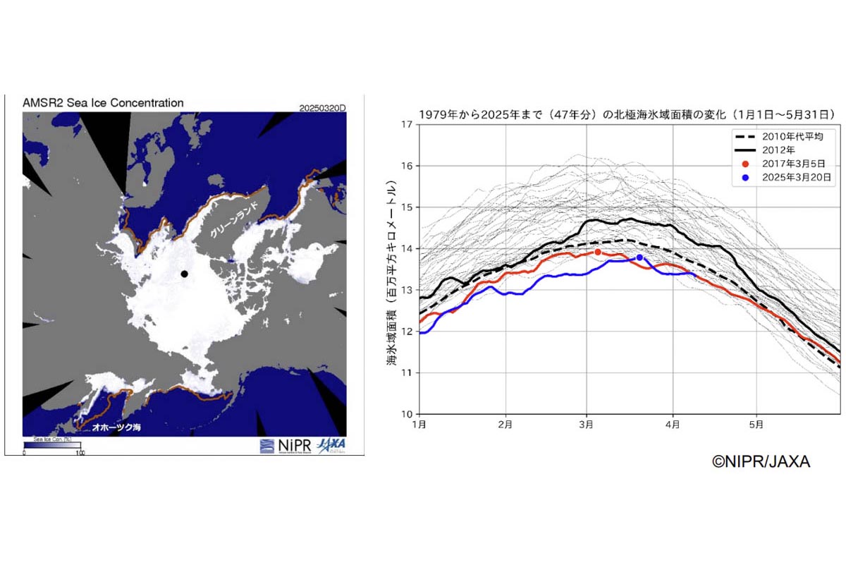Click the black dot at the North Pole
point(184,274)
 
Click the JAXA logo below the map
point(331,445)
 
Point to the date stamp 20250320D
point(323,108)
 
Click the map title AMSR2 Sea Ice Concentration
point(103,103)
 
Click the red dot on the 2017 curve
point(598,252)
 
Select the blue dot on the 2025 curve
point(639,257)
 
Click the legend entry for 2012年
point(778,150)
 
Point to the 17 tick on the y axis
point(408,125)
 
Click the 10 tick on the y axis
point(408,414)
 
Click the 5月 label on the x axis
point(756,425)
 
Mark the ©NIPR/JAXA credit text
point(761,462)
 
